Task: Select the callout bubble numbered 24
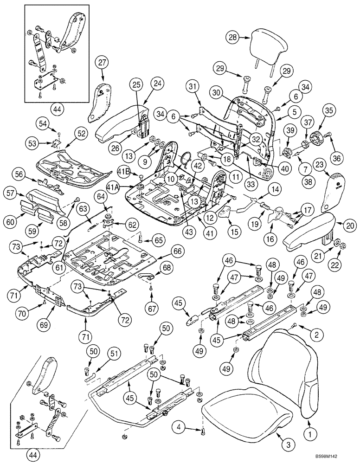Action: pyautogui.click(x=157, y=84)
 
